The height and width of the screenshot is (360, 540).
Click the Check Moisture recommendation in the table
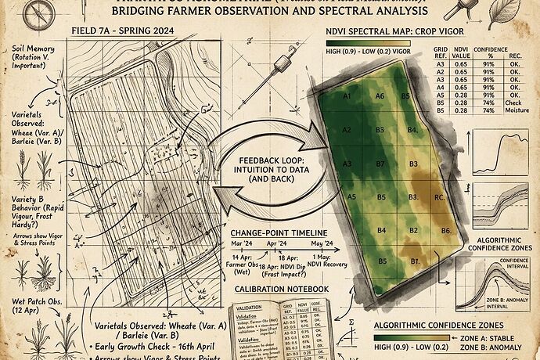515,106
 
